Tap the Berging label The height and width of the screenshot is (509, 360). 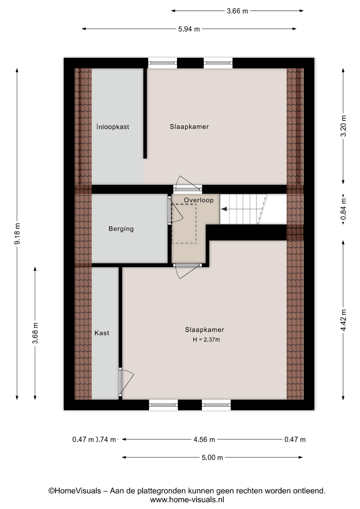(121, 229)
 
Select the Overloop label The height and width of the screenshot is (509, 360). (199, 200)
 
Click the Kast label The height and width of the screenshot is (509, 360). (102, 333)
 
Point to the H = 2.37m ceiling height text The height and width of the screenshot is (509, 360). (206, 340)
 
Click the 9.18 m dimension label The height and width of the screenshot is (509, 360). (17, 234)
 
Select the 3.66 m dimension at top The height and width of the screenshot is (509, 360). (237, 11)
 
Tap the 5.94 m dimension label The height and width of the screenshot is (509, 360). (189, 29)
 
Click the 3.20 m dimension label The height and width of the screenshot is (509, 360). (343, 126)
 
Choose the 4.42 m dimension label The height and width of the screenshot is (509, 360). (343, 320)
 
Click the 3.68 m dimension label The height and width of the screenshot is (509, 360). (35, 333)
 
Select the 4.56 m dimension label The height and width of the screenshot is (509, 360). (204, 440)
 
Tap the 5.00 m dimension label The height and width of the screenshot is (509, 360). (212, 458)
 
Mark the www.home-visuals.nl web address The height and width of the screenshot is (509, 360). (187, 500)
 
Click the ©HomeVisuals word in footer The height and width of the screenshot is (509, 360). (75, 491)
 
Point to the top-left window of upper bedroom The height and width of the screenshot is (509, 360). (162, 63)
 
